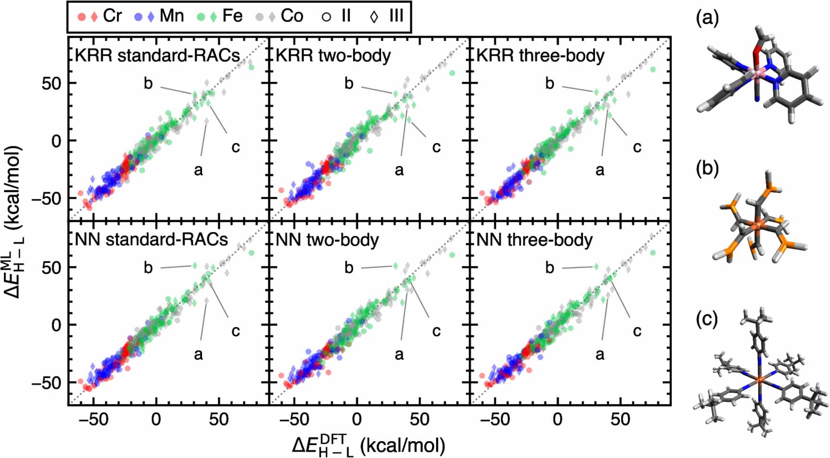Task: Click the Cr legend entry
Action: point(100,16)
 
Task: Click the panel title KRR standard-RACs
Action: point(157,56)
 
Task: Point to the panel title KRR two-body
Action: point(333,56)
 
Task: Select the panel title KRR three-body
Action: point(540,56)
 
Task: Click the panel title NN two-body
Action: point(327,239)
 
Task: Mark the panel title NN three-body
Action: point(534,239)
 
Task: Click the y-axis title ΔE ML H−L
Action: point(17,221)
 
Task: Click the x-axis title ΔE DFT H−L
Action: point(368,446)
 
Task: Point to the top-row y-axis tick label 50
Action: point(51,84)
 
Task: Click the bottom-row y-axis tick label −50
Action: point(47,383)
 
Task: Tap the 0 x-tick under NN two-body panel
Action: point(357,419)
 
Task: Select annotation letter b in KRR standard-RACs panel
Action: point(148,84)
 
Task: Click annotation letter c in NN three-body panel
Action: point(637,331)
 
